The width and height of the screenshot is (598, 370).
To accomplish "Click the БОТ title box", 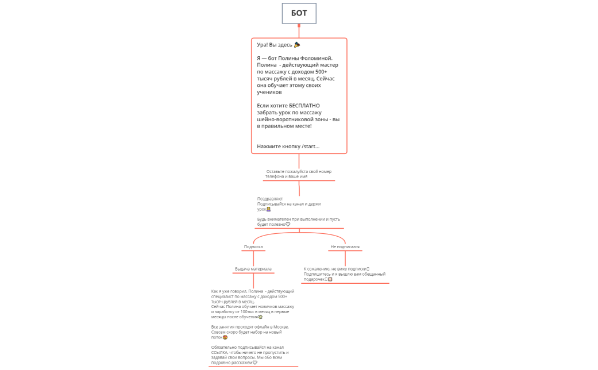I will point(299,13).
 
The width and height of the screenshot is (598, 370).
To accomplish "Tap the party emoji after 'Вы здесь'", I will point(297,45).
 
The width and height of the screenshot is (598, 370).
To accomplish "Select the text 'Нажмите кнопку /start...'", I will point(288,147).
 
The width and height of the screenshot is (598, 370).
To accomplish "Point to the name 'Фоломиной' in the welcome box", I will point(316,58).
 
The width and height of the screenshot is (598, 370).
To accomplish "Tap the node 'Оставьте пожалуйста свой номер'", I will point(299,171).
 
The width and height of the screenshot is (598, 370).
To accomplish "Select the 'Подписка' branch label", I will point(253,246).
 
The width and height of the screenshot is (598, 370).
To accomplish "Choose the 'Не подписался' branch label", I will point(345,246).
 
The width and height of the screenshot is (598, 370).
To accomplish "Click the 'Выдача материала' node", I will point(253,269).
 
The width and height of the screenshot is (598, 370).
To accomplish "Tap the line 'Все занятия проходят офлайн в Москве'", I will point(250,326).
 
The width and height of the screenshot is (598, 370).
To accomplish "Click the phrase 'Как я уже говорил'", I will point(229,291).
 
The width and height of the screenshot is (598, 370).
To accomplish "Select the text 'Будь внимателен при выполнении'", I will point(290,219).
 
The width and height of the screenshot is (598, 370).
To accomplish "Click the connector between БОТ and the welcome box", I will point(299,31).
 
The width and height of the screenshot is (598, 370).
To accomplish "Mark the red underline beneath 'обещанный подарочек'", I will point(345,283).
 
